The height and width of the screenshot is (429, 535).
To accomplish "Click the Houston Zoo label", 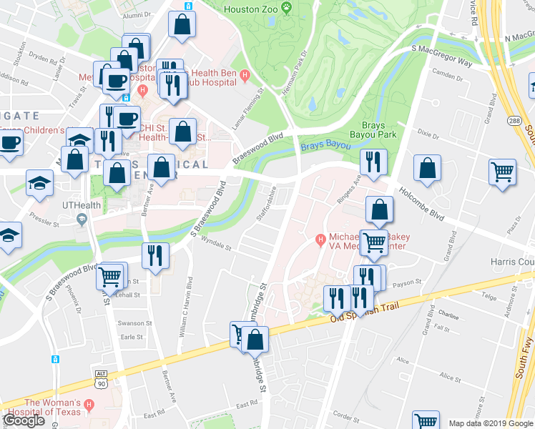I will (x=250, y=9).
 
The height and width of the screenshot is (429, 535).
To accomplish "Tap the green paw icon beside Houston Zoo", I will (x=287, y=9).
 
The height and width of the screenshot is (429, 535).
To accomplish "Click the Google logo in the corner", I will (x=24, y=420).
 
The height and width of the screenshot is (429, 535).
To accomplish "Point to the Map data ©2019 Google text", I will (x=491, y=423).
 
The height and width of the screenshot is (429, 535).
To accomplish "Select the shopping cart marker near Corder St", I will (x=427, y=422).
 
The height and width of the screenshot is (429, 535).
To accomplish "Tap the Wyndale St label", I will (x=216, y=245).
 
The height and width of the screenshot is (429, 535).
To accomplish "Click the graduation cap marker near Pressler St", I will (x=39, y=182).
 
